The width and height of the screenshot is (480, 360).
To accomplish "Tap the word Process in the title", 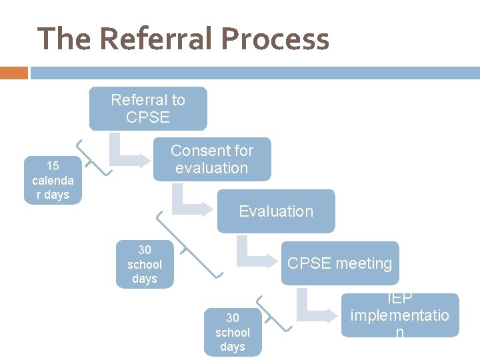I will (275, 39).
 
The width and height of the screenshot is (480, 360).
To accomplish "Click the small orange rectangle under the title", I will (13, 73).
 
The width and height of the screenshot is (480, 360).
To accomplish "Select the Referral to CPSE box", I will (148, 109).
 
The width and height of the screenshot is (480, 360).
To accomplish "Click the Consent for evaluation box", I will (212, 159).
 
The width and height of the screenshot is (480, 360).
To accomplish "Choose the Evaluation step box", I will (276, 211).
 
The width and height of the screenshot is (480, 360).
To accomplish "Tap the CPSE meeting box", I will (340, 263).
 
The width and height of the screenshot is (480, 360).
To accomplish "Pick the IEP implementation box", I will (399, 315).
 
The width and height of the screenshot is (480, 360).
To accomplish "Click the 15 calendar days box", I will (53, 181).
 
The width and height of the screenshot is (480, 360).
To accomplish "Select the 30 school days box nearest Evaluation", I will (145, 265).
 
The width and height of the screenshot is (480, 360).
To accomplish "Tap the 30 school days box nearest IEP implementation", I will (233, 332).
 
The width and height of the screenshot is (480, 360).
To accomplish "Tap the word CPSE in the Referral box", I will (148, 117).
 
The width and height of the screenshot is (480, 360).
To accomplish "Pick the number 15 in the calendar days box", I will (53, 166).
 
